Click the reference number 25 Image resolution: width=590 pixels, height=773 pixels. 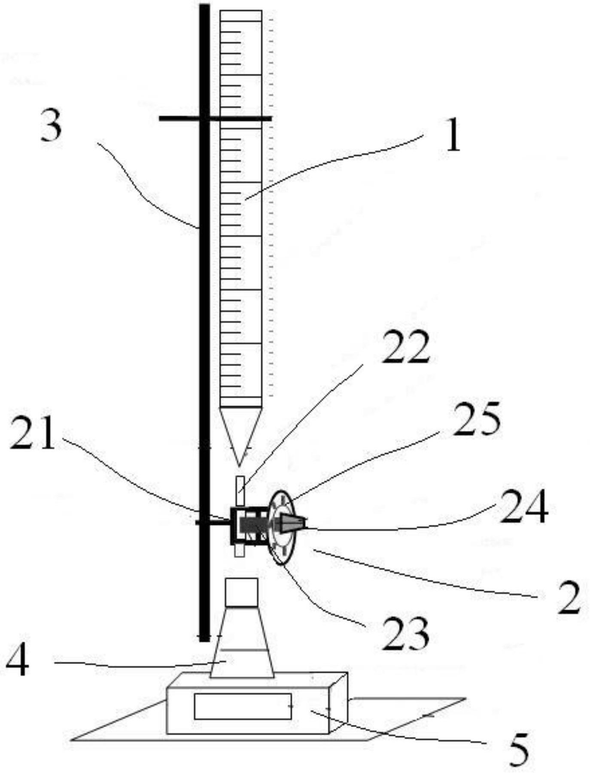(477, 418)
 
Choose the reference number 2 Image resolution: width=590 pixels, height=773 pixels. (569, 598)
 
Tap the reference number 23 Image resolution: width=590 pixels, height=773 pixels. (406, 633)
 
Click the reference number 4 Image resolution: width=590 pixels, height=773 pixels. (18, 661)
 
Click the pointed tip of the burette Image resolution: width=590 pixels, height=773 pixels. (240, 466)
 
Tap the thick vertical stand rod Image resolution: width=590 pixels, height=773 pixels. (205, 322)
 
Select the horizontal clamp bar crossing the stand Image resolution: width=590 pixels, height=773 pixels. (215, 118)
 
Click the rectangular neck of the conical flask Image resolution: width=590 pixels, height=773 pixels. (241, 592)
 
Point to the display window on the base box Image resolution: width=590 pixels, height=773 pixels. (243, 706)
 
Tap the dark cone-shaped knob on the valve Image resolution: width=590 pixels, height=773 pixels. (293, 522)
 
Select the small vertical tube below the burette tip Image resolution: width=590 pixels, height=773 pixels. (240, 491)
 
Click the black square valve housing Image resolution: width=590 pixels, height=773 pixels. (249, 526)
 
